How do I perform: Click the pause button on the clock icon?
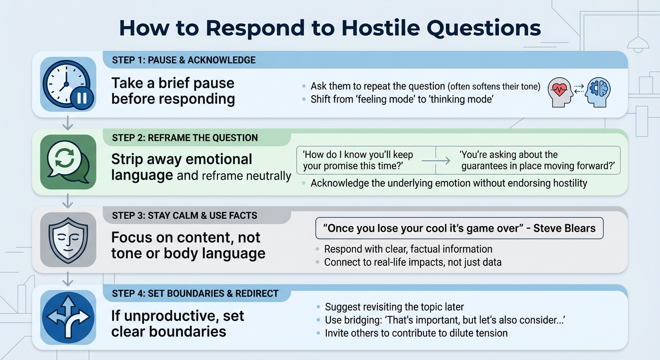click(x=82, y=98)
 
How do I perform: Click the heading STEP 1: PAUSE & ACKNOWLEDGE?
click(x=184, y=60)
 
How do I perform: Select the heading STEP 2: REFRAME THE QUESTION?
click(x=185, y=138)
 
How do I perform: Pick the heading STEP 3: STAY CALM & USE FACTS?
click(x=185, y=216)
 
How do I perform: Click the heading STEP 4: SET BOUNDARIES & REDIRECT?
click(x=195, y=294)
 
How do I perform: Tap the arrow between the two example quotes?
click(x=435, y=161)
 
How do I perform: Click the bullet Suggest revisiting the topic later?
click(x=394, y=307)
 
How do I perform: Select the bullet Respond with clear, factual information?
click(x=408, y=249)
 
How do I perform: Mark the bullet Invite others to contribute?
click(x=416, y=333)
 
